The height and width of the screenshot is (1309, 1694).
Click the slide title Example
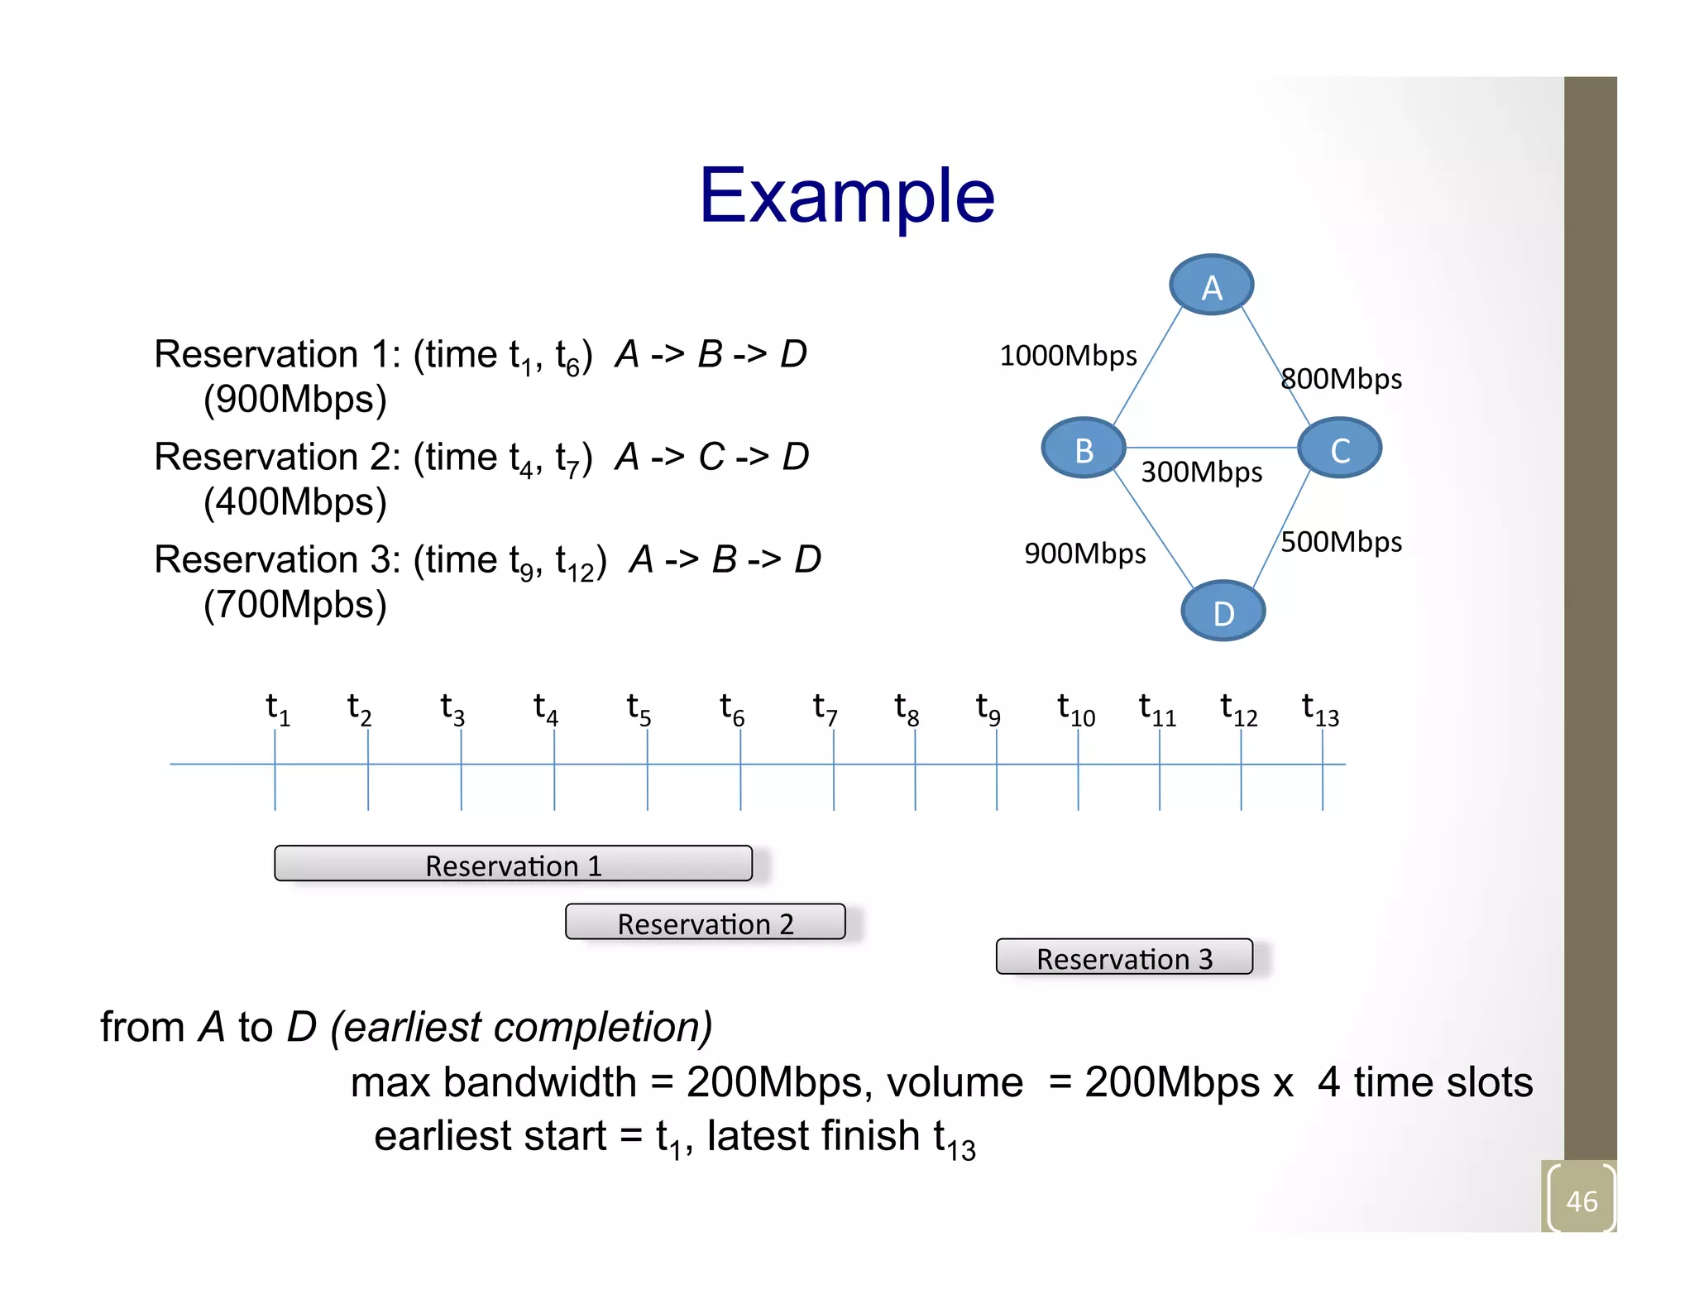pyautogui.click(x=846, y=195)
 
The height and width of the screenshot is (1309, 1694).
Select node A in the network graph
pyautogui.click(x=1211, y=285)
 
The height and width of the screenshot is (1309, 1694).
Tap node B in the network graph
pyautogui.click(x=1084, y=448)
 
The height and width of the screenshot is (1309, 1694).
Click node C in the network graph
pyautogui.click(x=1339, y=448)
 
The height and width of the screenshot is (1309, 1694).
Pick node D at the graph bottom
pyautogui.click(x=1223, y=611)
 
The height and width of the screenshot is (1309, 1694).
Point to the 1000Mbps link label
pyautogui.click(x=1068, y=356)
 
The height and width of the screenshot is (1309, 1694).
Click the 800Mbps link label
pyautogui.click(x=1341, y=379)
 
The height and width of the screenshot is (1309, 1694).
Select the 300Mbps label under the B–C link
pyautogui.click(x=1201, y=472)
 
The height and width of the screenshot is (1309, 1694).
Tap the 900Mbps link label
pyautogui.click(x=1084, y=554)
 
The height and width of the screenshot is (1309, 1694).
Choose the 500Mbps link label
pyautogui.click(x=1341, y=542)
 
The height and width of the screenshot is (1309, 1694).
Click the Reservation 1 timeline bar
pyautogui.click(x=513, y=864)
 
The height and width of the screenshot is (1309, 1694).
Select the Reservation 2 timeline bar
pyautogui.click(x=705, y=922)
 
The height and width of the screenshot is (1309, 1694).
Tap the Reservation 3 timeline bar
pyautogui.click(x=1123, y=957)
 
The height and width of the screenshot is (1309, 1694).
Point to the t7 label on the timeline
pyautogui.click(x=825, y=709)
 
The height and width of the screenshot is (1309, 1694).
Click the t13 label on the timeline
pyautogui.click(x=1319, y=709)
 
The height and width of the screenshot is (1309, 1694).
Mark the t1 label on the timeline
pyautogui.click(x=277, y=709)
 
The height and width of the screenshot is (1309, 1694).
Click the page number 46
pyautogui.click(x=1581, y=1201)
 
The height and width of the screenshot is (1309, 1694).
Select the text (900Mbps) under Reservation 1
pyautogui.click(x=295, y=400)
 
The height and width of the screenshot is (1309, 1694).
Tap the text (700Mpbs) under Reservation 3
pyautogui.click(x=295, y=605)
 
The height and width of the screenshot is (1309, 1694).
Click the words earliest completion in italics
pyautogui.click(x=521, y=1028)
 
